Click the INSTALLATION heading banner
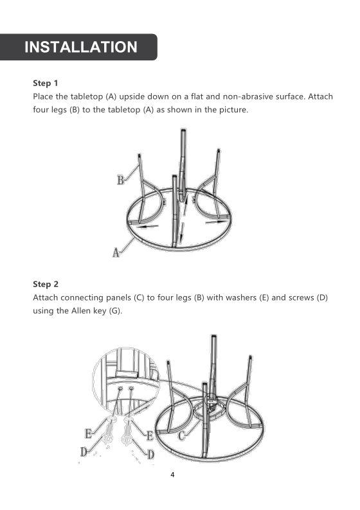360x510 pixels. (x=80, y=47)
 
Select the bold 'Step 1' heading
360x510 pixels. (x=46, y=84)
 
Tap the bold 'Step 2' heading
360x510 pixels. (x=46, y=284)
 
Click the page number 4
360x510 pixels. (x=172, y=475)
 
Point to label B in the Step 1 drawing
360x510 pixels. (x=120, y=180)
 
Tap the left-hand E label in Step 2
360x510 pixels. (x=87, y=433)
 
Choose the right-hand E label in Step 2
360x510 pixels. (x=149, y=436)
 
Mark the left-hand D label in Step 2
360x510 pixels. (x=84, y=452)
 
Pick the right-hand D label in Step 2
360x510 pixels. (x=151, y=455)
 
